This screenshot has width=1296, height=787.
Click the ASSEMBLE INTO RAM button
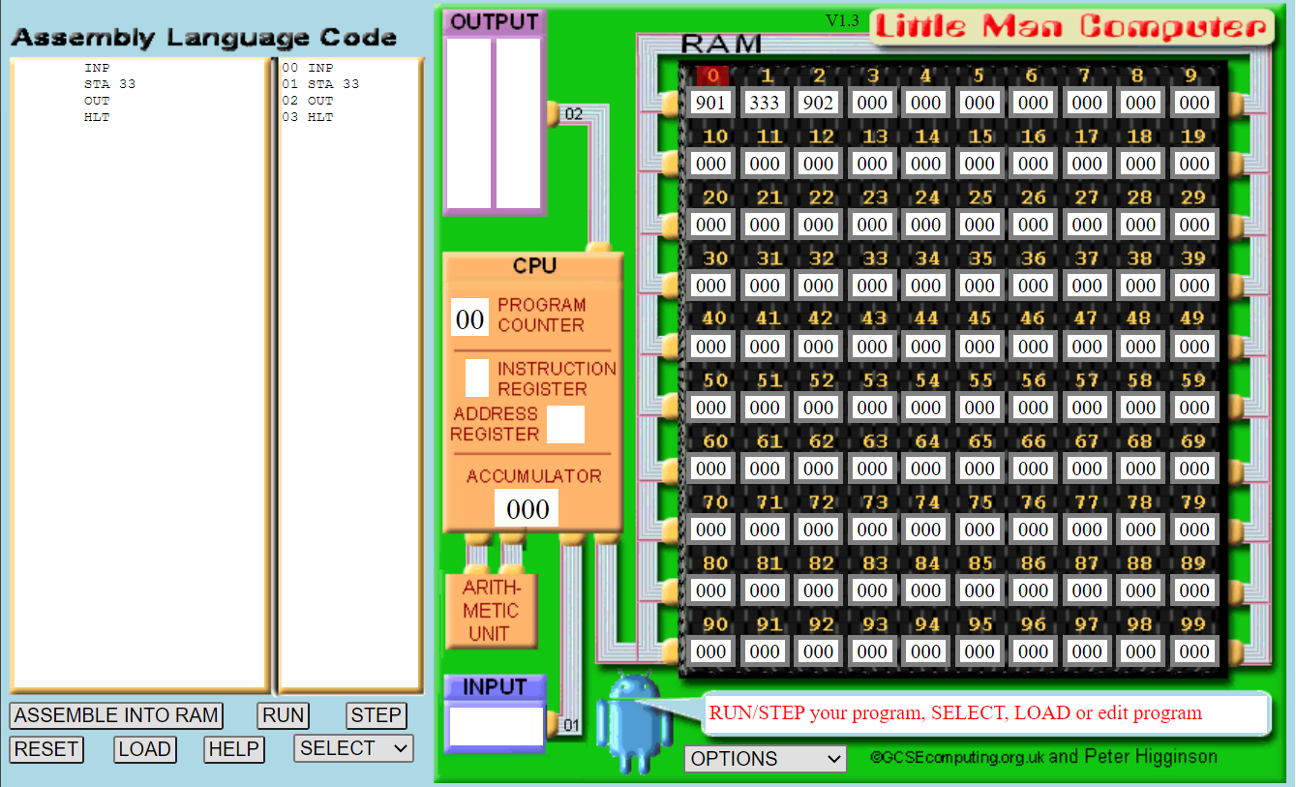[x=116, y=715]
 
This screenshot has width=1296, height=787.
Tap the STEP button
[x=376, y=715]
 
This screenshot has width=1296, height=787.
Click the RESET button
[x=46, y=749]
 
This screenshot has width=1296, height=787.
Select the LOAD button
[x=145, y=749]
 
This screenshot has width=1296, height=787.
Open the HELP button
[x=233, y=749]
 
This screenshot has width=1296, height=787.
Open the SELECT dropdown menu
[x=353, y=748]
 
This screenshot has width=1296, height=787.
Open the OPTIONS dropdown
[x=765, y=759]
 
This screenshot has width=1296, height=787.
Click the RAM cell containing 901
[x=710, y=103]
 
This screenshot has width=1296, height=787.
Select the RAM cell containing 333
[x=765, y=103]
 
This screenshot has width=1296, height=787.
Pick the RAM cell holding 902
[x=818, y=103]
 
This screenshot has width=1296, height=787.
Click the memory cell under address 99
[x=1194, y=651]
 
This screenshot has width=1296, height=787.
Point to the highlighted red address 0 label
[x=711, y=76]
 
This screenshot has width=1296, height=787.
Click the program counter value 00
[x=469, y=318]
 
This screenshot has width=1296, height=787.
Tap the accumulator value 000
[x=527, y=508]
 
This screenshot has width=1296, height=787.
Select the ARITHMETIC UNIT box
[x=491, y=611]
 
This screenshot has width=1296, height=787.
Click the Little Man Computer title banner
[x=1071, y=27]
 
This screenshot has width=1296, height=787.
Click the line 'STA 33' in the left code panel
[x=109, y=84]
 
